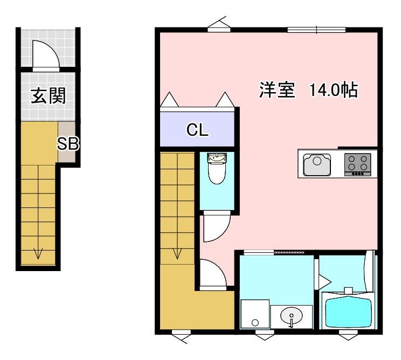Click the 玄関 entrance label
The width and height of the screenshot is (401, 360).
[48, 96]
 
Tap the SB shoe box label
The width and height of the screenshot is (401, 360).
[68, 143]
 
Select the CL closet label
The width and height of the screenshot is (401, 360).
[197, 129]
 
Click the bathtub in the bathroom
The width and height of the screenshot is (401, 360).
[348, 310]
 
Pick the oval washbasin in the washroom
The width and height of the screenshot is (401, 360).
[292, 315]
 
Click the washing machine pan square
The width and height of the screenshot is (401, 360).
[254, 314]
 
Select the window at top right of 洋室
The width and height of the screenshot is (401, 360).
[316, 30]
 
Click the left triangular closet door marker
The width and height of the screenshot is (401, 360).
[169, 100]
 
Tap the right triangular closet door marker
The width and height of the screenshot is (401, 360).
[225, 100]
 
